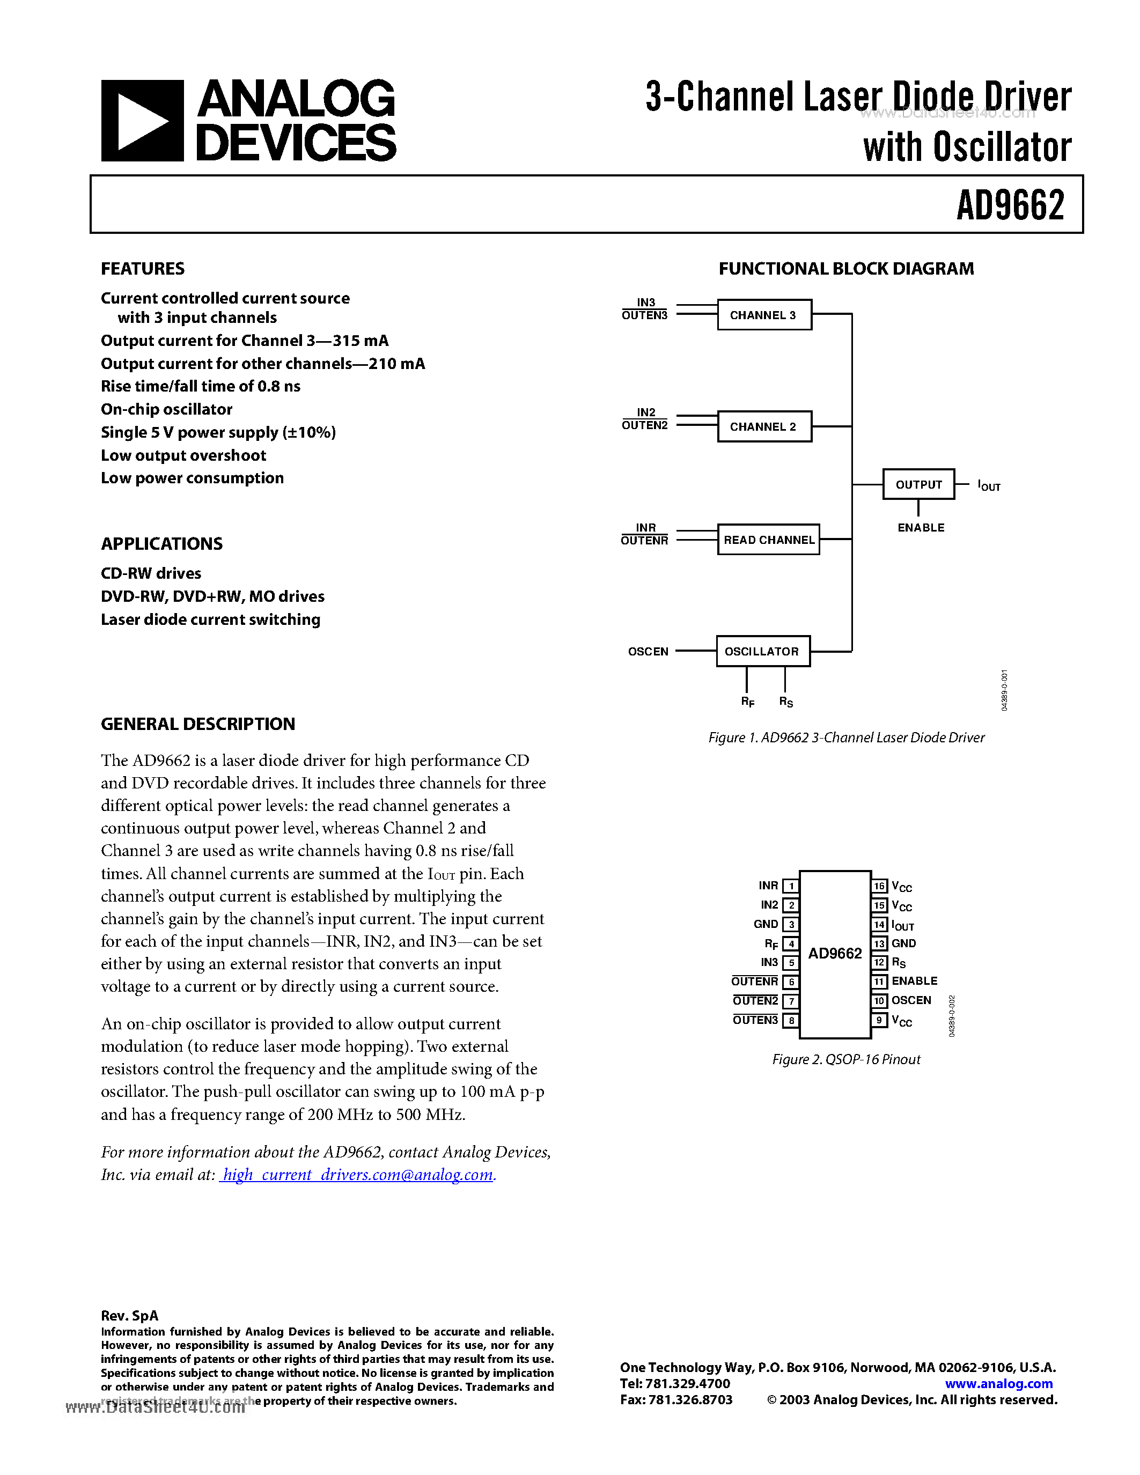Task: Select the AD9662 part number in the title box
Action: point(1010,205)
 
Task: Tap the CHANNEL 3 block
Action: point(764,315)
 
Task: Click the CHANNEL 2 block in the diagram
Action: point(764,427)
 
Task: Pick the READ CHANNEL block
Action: point(769,540)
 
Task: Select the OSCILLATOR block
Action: point(762,651)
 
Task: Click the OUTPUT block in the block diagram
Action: point(918,484)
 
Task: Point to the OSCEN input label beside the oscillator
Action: point(648,652)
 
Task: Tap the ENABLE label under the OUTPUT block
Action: point(921,527)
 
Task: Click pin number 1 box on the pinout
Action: point(791,886)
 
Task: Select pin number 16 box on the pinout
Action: point(879,886)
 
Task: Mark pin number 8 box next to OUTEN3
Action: point(791,1021)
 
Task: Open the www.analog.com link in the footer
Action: point(998,1383)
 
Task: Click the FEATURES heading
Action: point(143,269)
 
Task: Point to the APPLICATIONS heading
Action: point(161,544)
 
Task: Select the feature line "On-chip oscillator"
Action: point(166,409)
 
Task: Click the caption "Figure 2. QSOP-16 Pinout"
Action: point(845,1059)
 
